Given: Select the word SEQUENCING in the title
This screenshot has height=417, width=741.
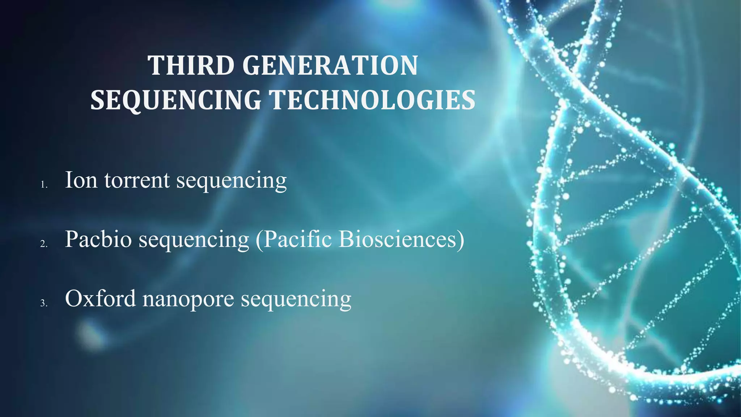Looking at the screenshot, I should point(175,100).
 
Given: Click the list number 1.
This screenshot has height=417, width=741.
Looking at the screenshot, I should point(43,185).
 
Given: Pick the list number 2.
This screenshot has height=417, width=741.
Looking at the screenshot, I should point(43,244).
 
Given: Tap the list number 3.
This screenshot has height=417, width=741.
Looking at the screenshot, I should point(43,303).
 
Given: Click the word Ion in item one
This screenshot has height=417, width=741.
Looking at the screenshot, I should point(81,180).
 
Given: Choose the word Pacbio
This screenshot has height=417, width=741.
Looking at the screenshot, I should point(98,239).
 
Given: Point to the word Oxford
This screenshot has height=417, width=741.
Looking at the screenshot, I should point(100,299).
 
